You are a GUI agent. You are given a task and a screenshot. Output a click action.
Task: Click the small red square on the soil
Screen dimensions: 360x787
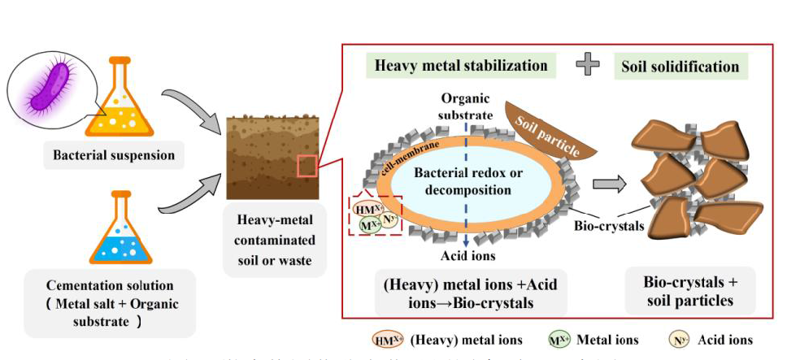click(307, 166)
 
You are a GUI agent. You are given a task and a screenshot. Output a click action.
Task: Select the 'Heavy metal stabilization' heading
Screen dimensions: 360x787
click(461, 65)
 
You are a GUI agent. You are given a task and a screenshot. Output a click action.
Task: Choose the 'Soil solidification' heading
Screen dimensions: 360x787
click(680, 66)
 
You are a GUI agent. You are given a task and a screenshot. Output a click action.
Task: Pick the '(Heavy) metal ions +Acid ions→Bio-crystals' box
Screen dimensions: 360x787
click(461, 293)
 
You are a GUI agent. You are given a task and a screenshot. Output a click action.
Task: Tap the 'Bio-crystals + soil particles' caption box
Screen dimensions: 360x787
click(690, 291)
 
